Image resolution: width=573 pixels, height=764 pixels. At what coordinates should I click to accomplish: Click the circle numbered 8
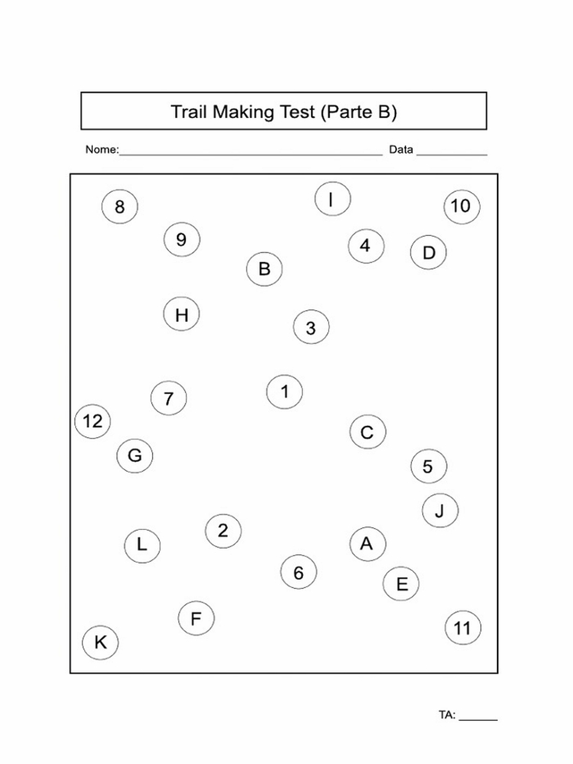click(x=119, y=207)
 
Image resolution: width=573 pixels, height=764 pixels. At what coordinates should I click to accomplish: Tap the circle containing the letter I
click(x=332, y=199)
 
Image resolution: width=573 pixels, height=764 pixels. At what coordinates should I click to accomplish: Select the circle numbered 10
click(x=462, y=207)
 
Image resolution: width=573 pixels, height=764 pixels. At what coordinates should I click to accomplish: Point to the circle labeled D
click(x=428, y=252)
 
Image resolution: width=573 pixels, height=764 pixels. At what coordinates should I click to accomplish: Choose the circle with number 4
click(x=366, y=246)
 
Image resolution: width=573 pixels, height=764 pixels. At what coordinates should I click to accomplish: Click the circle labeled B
click(x=264, y=269)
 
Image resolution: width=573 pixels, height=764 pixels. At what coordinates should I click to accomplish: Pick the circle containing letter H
click(x=181, y=313)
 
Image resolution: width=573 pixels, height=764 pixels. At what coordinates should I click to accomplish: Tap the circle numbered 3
click(x=311, y=327)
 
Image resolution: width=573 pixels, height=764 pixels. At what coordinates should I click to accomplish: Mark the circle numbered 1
click(x=285, y=392)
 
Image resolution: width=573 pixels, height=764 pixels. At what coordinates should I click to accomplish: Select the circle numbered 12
click(x=93, y=421)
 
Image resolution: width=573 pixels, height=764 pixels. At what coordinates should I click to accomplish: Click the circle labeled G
click(x=135, y=456)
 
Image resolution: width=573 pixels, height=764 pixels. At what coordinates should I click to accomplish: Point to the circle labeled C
click(x=368, y=431)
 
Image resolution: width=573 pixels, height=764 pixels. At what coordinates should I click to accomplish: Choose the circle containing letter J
click(x=440, y=510)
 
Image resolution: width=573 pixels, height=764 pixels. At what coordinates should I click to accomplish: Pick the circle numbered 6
click(x=298, y=572)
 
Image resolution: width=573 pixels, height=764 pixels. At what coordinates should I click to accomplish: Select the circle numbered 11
click(x=463, y=627)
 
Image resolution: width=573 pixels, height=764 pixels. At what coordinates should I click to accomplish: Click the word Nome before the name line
click(x=101, y=150)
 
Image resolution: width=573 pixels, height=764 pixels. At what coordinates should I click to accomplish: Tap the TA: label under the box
click(x=447, y=715)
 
